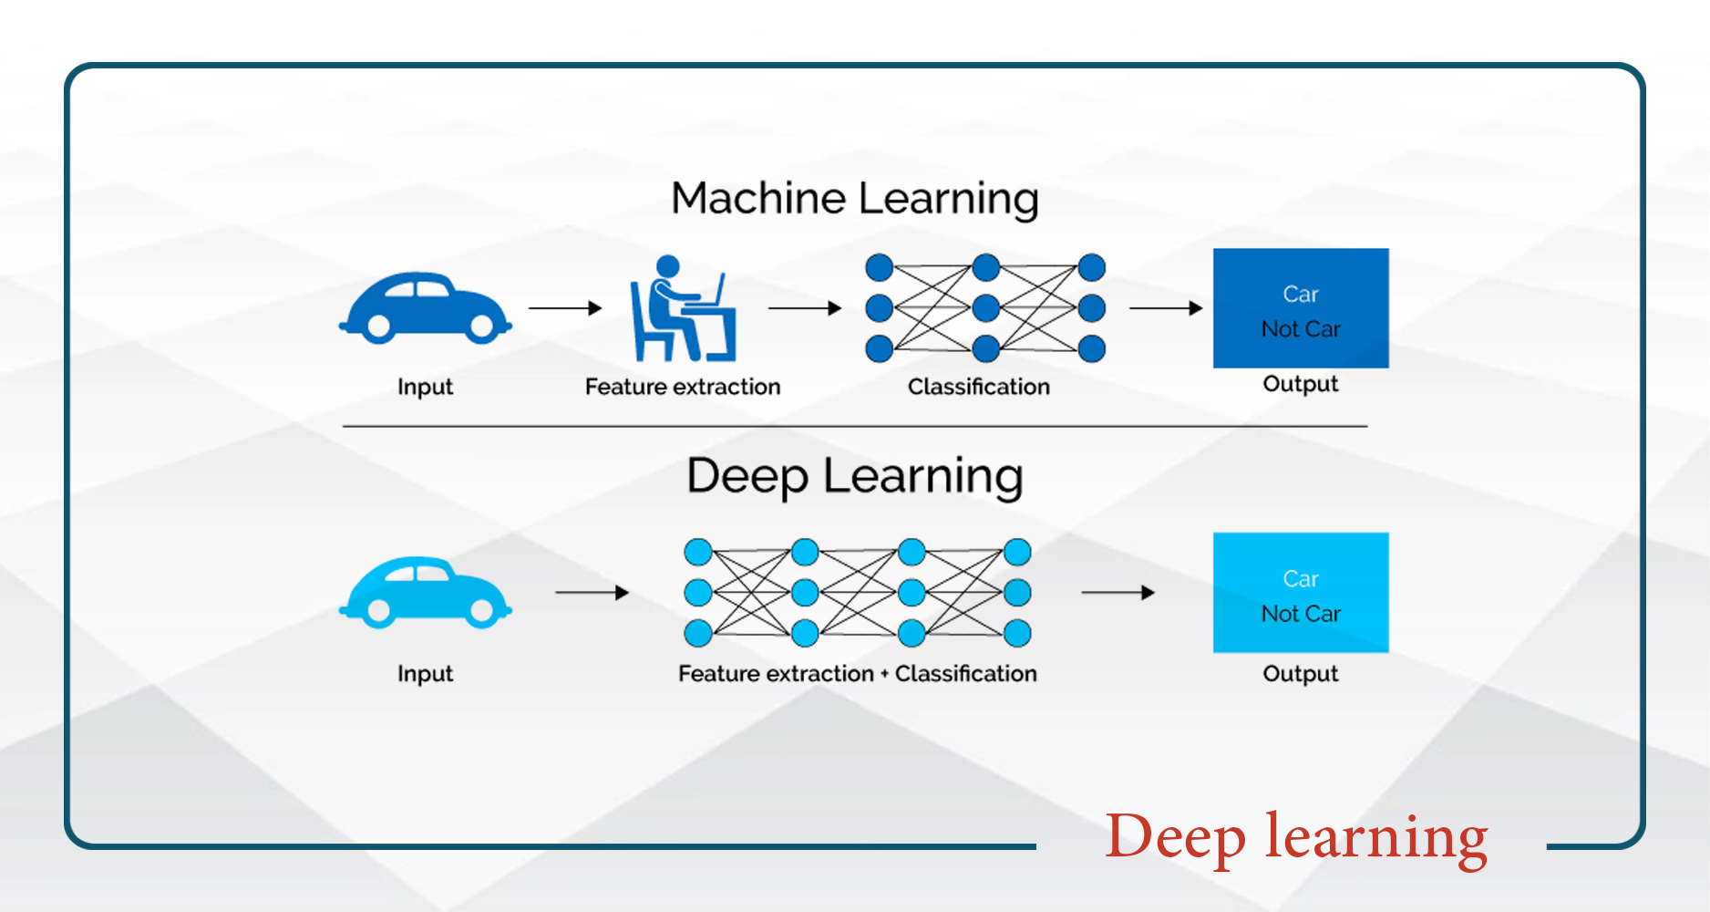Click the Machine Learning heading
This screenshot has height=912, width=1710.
854,199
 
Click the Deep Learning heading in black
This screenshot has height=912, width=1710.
854,477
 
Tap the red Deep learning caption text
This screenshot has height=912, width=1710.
1295,836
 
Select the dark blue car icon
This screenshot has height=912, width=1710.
425,306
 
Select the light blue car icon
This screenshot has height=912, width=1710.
425,591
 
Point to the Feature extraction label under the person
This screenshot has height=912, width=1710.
682,387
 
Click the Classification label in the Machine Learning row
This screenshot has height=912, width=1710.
978,387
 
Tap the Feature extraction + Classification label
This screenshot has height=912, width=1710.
857,673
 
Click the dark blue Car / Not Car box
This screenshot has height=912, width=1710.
1300,308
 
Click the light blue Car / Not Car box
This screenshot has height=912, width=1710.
1300,593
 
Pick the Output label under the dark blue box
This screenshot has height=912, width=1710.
1300,384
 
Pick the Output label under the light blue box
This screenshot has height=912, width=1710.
1300,674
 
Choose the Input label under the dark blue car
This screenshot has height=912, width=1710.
425,387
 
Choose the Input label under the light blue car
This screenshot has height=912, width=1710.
425,674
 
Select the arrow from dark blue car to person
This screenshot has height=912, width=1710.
565,308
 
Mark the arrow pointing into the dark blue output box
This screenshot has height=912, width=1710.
1166,308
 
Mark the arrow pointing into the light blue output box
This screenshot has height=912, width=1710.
1118,593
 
